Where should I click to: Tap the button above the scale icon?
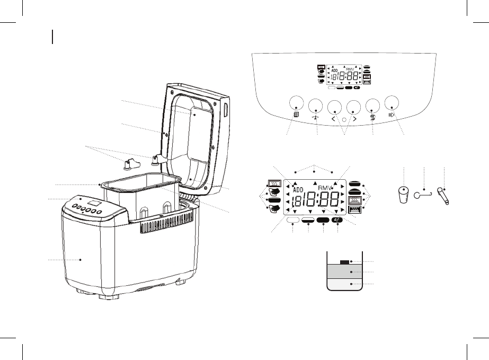[315, 105]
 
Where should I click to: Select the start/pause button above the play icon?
[393, 103]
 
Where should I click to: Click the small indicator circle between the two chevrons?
[344, 120]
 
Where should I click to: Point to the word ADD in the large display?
[298, 189]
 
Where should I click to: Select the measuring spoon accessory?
[443, 196]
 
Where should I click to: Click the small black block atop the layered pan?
[344, 262]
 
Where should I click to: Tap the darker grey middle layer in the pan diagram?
[344, 271]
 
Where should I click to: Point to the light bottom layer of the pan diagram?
[344, 284]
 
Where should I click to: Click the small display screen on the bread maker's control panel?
[95, 203]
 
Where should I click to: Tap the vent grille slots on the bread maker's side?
[164, 227]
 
